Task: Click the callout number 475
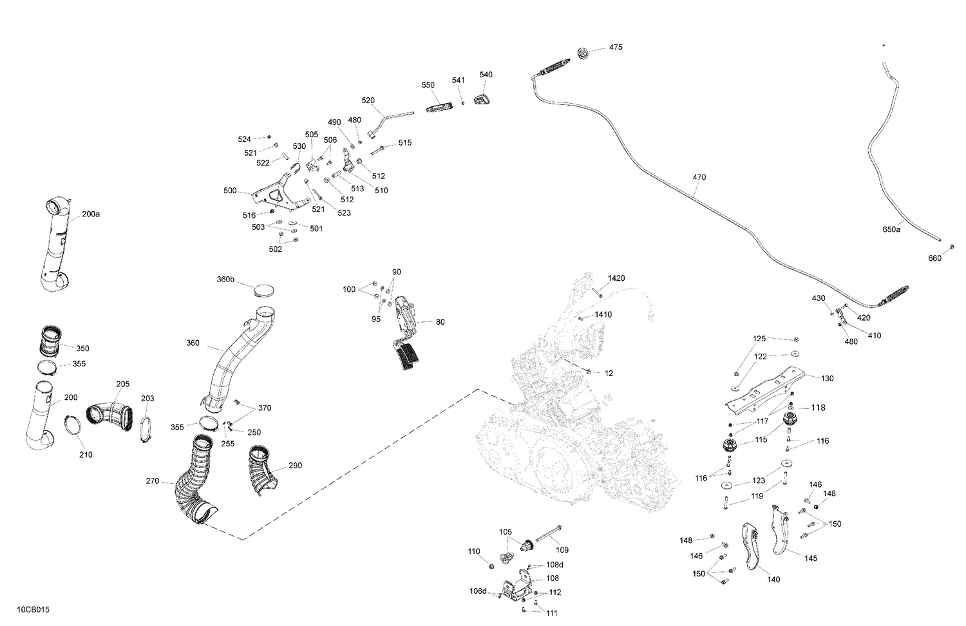click(x=616, y=48)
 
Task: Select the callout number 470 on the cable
click(x=699, y=178)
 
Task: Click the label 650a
click(x=891, y=229)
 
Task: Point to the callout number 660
click(x=934, y=259)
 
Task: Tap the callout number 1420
click(x=616, y=278)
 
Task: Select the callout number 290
click(x=295, y=466)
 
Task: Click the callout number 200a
click(x=91, y=214)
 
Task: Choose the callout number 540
click(x=486, y=75)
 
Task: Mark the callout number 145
click(x=810, y=558)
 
